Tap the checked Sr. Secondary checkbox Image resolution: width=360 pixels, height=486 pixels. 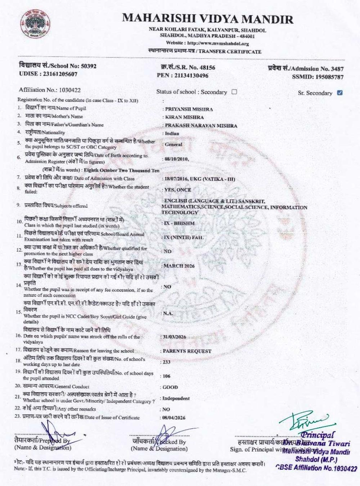(x=339, y=93)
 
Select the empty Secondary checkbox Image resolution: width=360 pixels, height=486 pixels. (x=234, y=92)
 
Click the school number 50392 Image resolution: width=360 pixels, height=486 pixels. (x=89, y=66)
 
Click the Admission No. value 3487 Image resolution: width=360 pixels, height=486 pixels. (x=337, y=69)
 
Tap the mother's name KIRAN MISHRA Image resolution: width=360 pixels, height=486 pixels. (x=184, y=117)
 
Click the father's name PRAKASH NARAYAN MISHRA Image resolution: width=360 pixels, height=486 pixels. (x=201, y=126)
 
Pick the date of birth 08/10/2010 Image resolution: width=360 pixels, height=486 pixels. (x=176, y=159)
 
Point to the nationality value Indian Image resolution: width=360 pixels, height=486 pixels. (x=172, y=134)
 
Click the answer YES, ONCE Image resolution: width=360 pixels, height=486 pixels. (x=177, y=190)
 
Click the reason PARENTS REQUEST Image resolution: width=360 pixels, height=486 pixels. (x=187, y=351)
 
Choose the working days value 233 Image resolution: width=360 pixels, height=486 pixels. (x=166, y=362)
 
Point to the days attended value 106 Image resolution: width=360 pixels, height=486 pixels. (x=166, y=376)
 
